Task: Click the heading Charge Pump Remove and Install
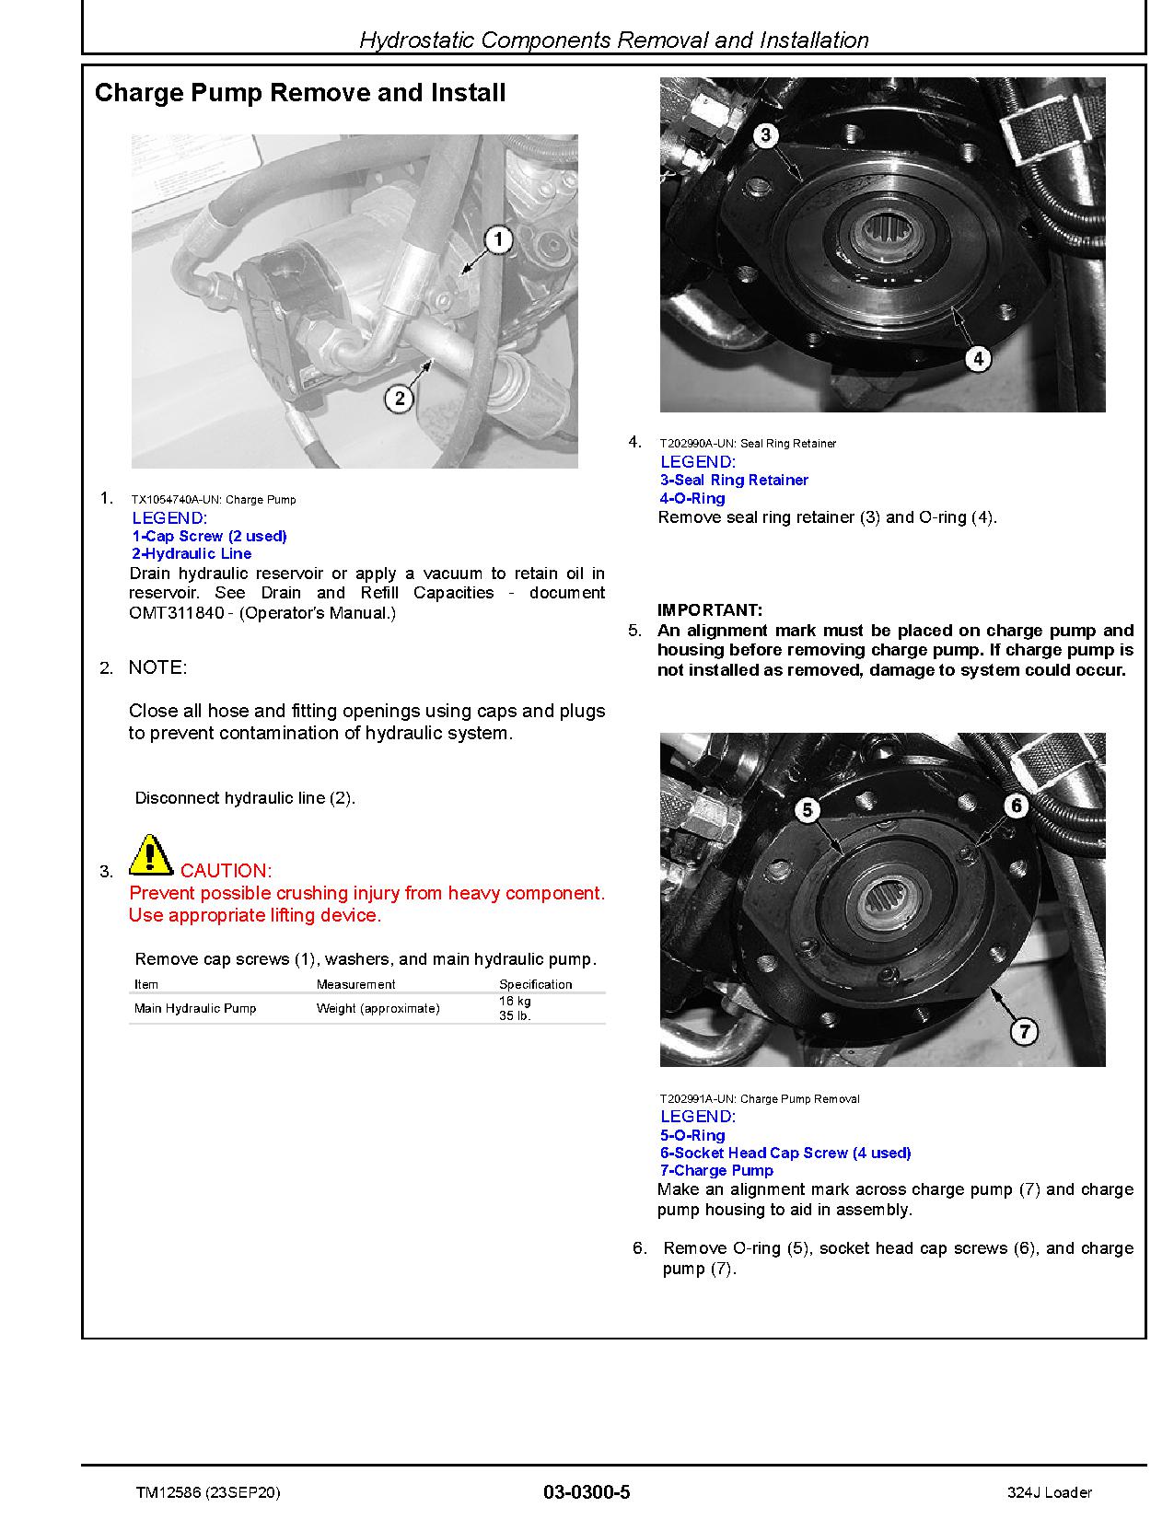300,93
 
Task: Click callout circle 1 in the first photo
497,241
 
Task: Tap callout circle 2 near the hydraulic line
399,399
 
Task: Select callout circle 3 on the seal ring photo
765,136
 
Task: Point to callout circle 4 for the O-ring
977,357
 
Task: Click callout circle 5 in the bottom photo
808,810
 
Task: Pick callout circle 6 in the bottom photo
1016,806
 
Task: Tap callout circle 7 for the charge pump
1024,1031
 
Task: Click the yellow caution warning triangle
151,855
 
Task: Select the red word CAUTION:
226,871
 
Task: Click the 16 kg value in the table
515,1001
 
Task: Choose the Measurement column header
355,984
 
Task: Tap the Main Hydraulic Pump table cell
195,1008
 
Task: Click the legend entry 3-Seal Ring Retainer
734,480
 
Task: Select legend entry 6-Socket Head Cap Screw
785,1153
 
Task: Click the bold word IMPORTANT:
709,610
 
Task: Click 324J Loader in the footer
1050,1492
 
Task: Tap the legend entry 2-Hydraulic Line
192,553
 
